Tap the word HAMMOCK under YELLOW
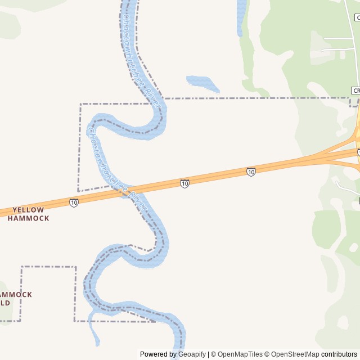pos(28,218)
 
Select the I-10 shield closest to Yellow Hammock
pos(74,202)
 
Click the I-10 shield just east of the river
pos(184,183)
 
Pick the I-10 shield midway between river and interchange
pos(251,172)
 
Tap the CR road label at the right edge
pos(355,90)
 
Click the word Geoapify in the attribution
pos(192,354)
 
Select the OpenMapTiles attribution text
pos(240,354)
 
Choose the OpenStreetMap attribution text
pos(292,354)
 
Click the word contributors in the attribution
pos(339,354)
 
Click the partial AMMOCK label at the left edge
pos(16,294)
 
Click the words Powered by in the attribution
pos(159,354)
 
